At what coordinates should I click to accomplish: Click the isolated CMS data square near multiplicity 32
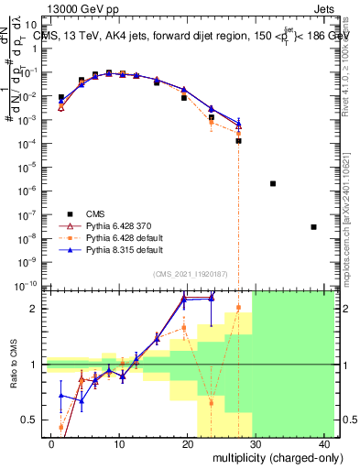point(273,183)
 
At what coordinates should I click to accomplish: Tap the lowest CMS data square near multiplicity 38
point(313,227)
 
